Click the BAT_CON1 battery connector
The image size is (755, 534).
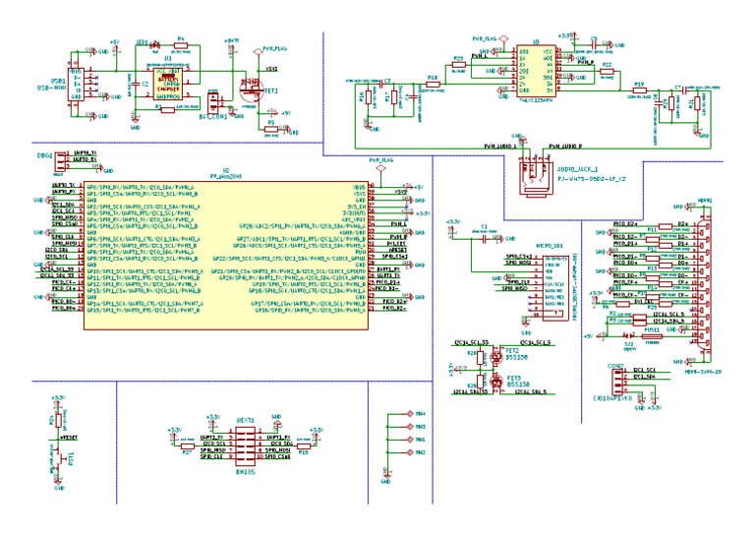[214, 101]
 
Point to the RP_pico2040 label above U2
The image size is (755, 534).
[226, 175]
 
